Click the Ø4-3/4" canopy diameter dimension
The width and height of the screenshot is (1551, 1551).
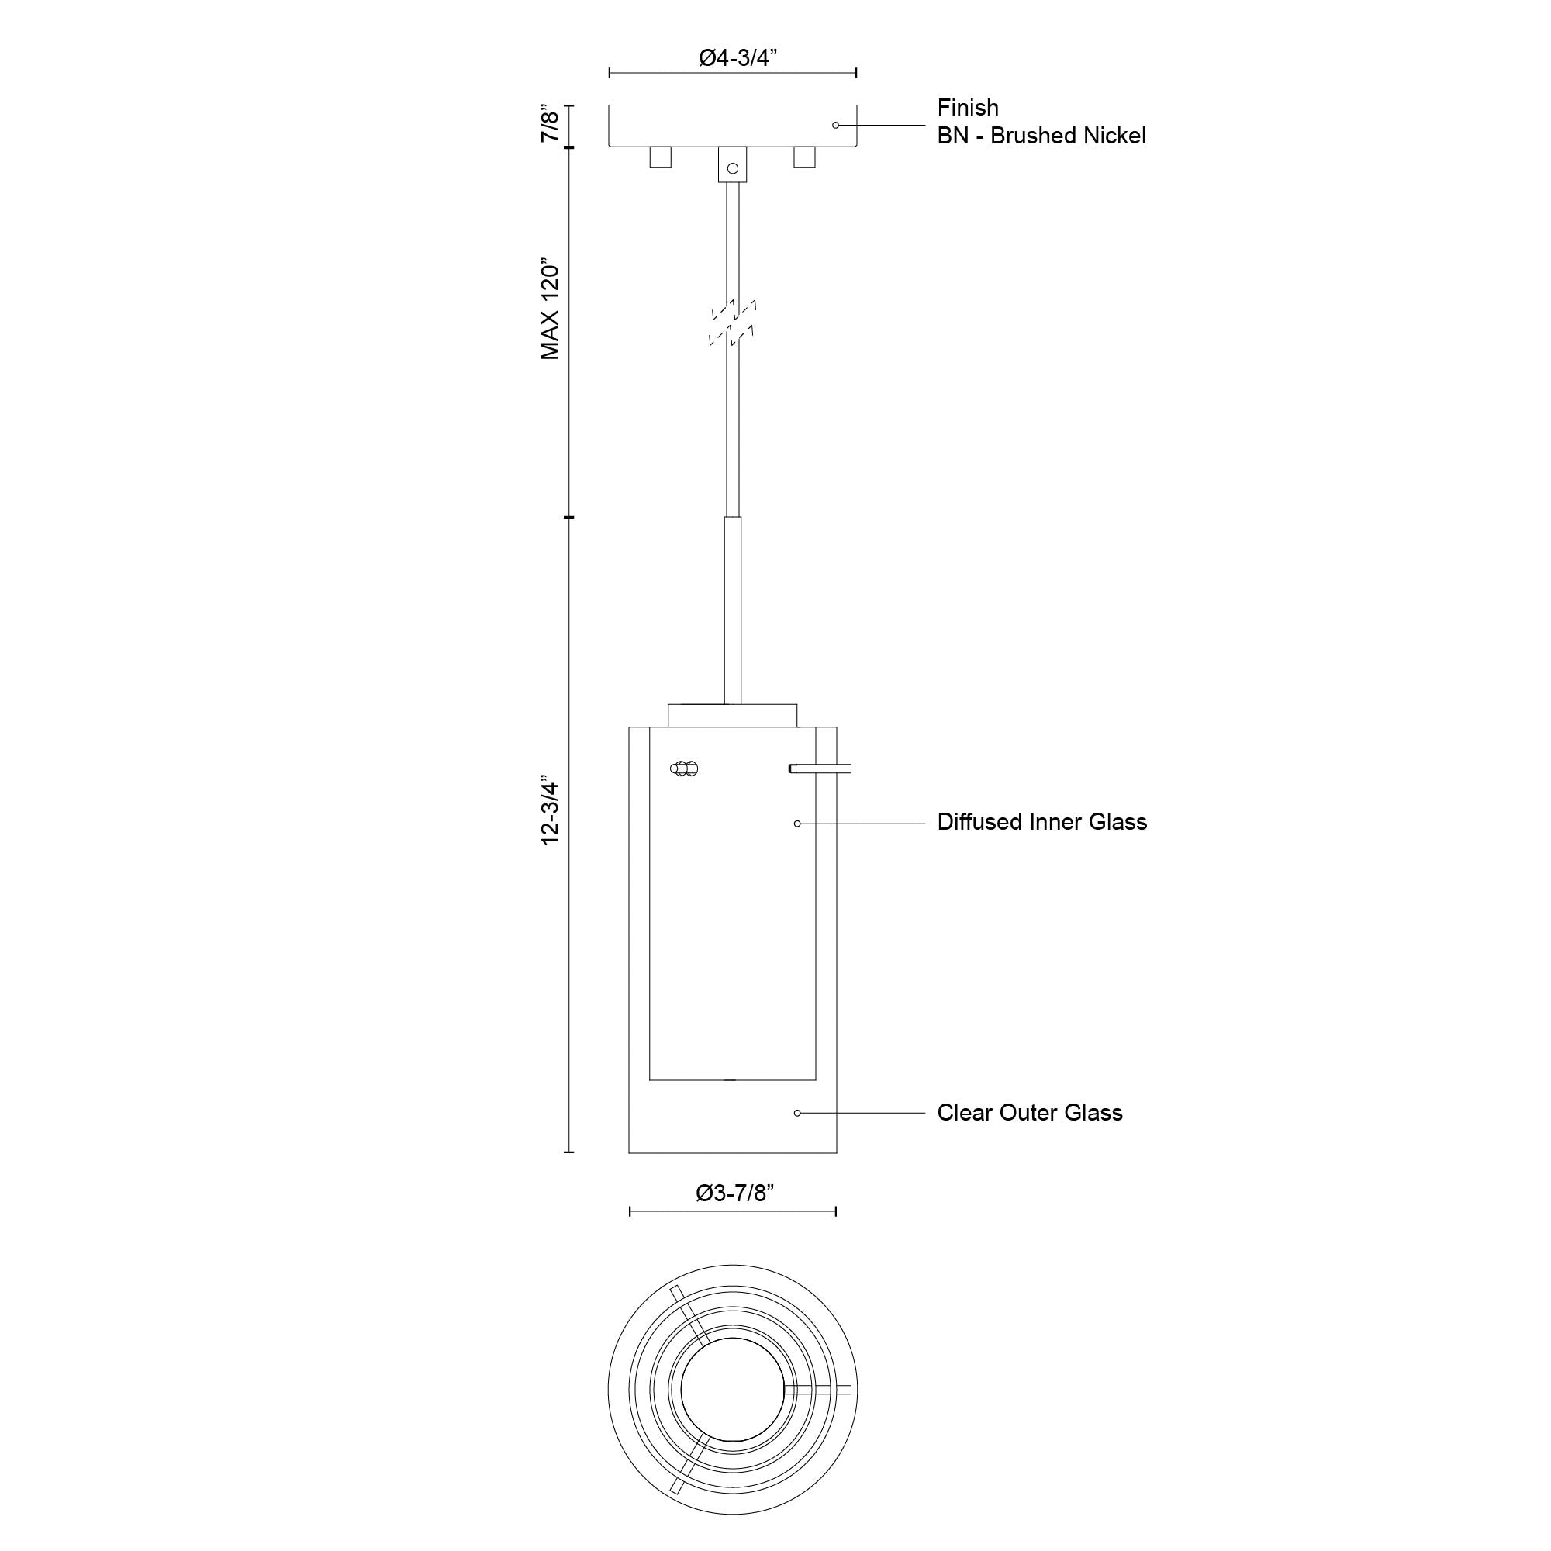738,58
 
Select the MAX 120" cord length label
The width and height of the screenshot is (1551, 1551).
550,309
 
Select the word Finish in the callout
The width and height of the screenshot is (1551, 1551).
967,108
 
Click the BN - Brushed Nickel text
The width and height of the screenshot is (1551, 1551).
1041,136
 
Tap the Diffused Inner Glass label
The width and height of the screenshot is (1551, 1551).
1041,822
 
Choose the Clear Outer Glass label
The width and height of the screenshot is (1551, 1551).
1029,1113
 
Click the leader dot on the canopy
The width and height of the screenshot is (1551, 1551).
835,125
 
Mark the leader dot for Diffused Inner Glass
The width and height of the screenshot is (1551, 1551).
797,824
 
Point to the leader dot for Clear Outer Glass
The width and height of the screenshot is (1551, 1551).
797,1113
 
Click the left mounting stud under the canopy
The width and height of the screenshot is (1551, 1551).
660,157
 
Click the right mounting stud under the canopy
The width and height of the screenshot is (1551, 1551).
803,157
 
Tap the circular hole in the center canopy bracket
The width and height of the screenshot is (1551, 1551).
732,168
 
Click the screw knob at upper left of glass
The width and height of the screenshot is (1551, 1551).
684,769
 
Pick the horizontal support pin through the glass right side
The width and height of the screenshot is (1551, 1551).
820,769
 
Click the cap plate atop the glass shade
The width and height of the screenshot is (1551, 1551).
732,715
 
